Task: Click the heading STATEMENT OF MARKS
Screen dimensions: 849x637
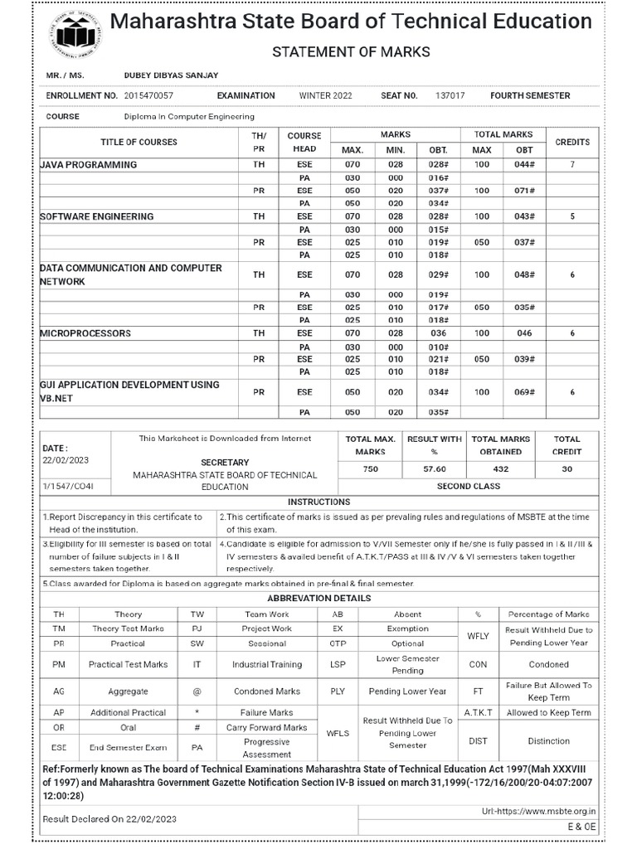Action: coord(352,52)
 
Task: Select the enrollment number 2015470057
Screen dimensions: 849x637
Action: coord(148,96)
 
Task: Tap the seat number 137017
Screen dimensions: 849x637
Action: coord(450,96)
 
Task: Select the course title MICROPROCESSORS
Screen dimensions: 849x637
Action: coord(85,333)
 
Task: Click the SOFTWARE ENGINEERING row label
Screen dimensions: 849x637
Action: coord(97,216)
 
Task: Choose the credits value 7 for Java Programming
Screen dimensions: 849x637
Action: coord(572,165)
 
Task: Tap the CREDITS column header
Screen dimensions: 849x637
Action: coord(572,142)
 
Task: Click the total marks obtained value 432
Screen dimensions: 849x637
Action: coord(500,469)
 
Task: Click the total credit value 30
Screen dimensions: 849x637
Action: coord(567,469)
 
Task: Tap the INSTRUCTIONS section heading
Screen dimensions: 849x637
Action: coord(318,502)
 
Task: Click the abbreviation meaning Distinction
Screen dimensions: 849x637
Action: coord(548,741)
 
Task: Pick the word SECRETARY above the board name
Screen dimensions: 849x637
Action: coord(224,462)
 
